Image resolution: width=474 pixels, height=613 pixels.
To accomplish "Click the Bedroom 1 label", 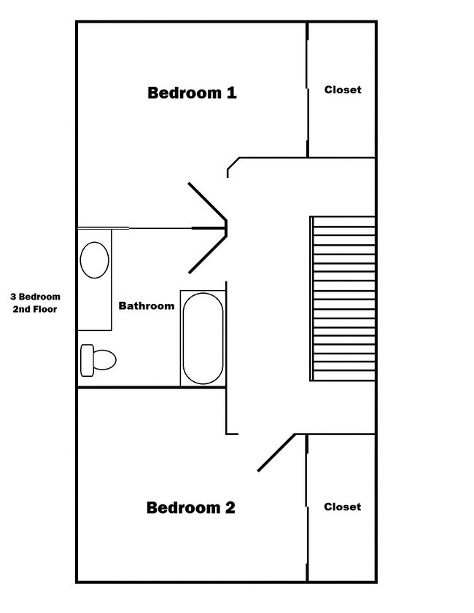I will point(192,93).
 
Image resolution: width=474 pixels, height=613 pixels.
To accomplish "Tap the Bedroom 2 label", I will point(191,507).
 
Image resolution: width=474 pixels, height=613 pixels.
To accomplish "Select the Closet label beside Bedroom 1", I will point(343,90).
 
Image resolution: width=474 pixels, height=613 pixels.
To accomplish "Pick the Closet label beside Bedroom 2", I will point(343,507).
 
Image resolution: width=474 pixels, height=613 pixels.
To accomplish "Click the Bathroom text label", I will point(147,306).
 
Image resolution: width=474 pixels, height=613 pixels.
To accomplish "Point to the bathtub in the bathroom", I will point(202,339).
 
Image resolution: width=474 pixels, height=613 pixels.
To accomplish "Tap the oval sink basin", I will point(94,260).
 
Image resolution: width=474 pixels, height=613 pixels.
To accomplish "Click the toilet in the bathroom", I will point(99,359).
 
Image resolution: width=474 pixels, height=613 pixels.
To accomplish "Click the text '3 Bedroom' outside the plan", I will point(35,297).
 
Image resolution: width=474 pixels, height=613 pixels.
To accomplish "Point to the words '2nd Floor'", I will point(35,309).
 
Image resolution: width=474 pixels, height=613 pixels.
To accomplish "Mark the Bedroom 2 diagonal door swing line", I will point(276,453).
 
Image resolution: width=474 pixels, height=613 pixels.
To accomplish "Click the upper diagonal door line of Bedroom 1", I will point(209,201).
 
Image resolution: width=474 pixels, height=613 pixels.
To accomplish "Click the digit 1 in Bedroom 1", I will point(232,93).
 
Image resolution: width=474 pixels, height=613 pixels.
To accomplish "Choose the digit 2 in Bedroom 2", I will point(230,507).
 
